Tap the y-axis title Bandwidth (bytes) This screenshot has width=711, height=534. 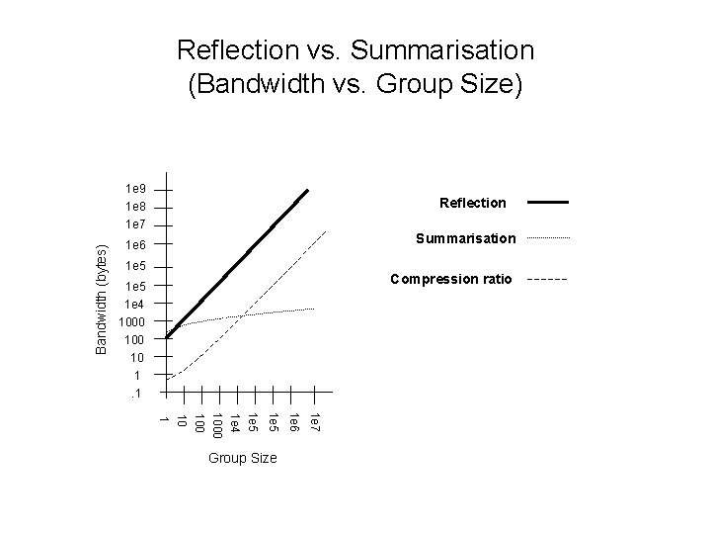coord(102,299)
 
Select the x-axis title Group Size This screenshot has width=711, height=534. coord(243,459)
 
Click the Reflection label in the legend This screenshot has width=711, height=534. coord(472,203)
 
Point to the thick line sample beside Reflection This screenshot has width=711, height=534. coord(548,202)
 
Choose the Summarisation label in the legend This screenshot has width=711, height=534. coord(465,238)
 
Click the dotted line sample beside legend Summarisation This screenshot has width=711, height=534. coord(548,238)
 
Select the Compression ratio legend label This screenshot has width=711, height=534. coord(451,279)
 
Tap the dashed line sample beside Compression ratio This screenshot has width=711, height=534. coord(548,280)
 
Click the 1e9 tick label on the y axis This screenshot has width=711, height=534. coord(135,188)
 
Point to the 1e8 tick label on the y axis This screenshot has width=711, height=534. coord(135,207)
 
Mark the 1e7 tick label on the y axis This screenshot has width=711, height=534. coord(135,225)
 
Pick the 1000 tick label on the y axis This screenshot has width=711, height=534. coord(132,322)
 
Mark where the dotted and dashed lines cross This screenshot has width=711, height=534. coord(243,315)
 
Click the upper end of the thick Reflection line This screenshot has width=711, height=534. coord(308,189)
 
